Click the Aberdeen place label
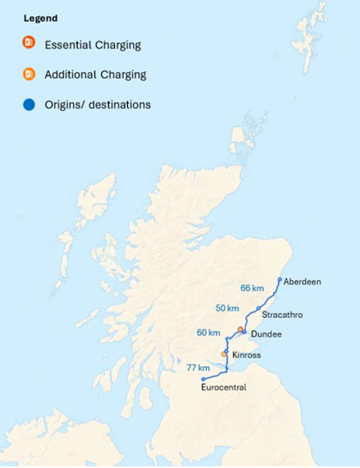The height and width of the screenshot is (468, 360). [x=301, y=281]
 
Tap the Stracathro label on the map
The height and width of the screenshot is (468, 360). [x=282, y=314]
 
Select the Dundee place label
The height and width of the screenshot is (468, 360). [x=265, y=334]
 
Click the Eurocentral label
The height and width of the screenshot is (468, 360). [x=223, y=387]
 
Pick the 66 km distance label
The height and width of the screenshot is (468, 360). [x=252, y=288]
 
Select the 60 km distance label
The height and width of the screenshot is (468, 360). [x=209, y=333]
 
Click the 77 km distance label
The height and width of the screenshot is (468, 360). [x=198, y=368]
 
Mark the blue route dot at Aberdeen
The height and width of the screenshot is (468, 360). [x=280, y=279]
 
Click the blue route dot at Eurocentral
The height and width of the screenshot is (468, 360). [x=203, y=379]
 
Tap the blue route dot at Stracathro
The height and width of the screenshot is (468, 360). [x=258, y=308]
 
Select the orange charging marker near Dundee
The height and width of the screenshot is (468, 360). [x=240, y=329]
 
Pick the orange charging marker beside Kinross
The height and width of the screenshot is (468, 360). [x=225, y=354]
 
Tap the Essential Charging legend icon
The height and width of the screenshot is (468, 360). [x=29, y=44]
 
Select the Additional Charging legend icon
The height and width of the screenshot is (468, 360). [x=29, y=74]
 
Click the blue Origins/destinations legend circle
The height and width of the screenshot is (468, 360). [x=29, y=105]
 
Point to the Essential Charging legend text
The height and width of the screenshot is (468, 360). [x=92, y=45]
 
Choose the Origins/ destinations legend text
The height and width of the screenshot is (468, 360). [x=97, y=105]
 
